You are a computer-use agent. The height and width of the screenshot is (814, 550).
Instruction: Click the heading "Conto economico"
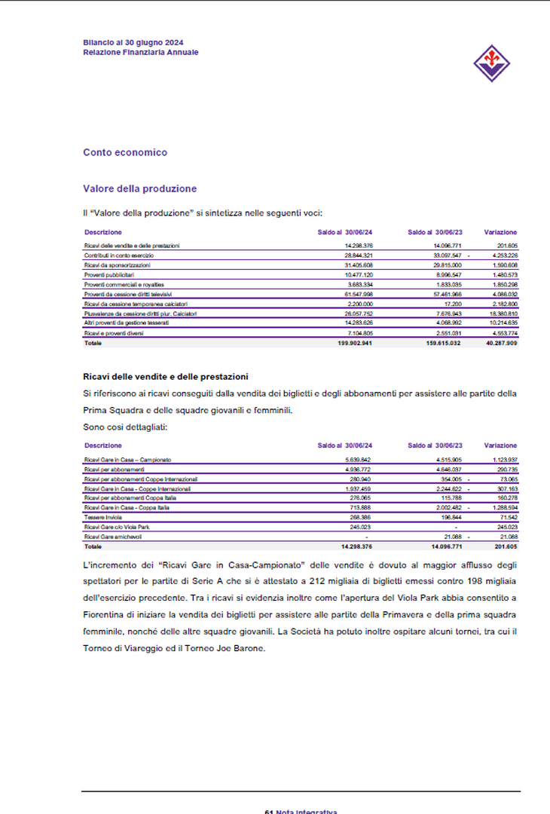125,152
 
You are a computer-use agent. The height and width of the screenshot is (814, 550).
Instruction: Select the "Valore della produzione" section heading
139,188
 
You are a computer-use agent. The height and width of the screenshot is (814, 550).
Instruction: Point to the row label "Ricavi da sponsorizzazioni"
117,265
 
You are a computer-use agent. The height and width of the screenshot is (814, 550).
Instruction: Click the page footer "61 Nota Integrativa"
301,811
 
